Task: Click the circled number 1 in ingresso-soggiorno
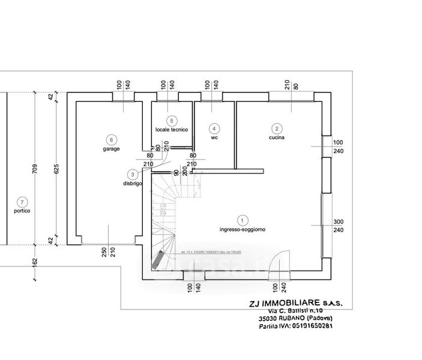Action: click(x=243, y=220)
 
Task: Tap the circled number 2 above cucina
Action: click(x=277, y=128)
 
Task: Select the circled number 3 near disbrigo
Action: click(x=132, y=175)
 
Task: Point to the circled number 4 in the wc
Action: click(x=214, y=128)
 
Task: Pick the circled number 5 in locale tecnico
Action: click(x=171, y=121)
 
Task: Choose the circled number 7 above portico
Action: click(x=22, y=202)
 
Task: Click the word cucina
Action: click(x=277, y=137)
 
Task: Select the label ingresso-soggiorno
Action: click(x=243, y=230)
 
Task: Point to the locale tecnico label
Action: click(x=172, y=130)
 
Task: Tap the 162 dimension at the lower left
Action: click(x=35, y=262)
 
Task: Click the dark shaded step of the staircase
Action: click(x=158, y=260)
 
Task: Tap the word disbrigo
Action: click(x=132, y=184)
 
